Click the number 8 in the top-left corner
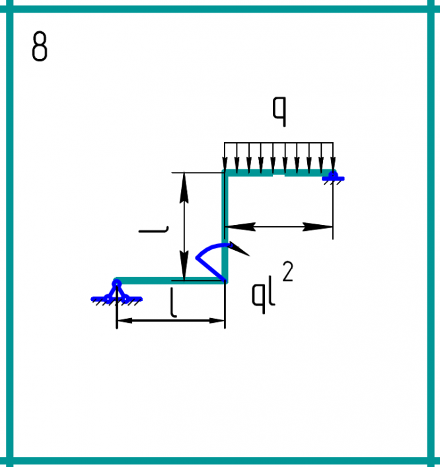click(x=40, y=48)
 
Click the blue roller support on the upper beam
click(x=333, y=176)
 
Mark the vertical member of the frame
click(x=225, y=225)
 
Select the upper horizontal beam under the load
click(x=277, y=174)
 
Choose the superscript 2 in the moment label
click(x=287, y=271)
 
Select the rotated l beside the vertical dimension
click(x=153, y=230)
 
